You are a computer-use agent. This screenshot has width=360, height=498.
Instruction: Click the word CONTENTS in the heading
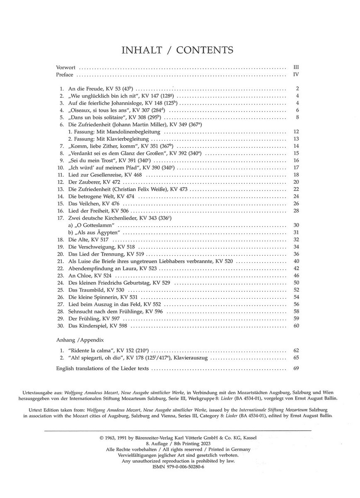pyautogui.click(x=204, y=50)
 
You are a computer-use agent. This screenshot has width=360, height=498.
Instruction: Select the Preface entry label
pyautogui.click(x=65, y=75)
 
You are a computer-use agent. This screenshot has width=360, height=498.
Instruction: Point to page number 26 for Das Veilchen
pyautogui.click(x=296, y=204)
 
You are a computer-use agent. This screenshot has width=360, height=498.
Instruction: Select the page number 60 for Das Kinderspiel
pyautogui.click(x=296, y=326)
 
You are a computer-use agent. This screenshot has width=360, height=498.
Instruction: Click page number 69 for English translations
pyautogui.click(x=296, y=369)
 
